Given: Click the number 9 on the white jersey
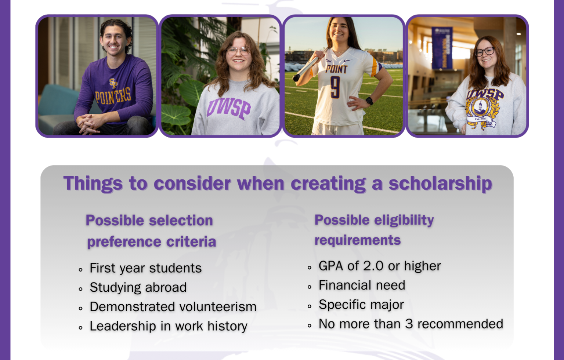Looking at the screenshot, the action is [335, 87].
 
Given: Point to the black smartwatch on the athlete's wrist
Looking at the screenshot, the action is [369, 101].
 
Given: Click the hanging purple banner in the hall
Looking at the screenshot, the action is [442, 48].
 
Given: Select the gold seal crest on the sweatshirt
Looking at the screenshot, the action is [482, 112].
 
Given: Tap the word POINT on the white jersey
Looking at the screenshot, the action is [336, 69].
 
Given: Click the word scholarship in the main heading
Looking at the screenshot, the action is [440, 183].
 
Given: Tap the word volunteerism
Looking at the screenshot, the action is [218, 307].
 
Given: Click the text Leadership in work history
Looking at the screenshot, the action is [169, 326].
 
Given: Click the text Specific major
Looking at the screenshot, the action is [361, 305].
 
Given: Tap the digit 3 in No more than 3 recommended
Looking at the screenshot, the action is [409, 324].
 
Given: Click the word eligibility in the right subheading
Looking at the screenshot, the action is [404, 221].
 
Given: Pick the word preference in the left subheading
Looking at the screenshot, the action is [124, 242].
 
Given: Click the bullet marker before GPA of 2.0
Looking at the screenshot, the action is [310, 268].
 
